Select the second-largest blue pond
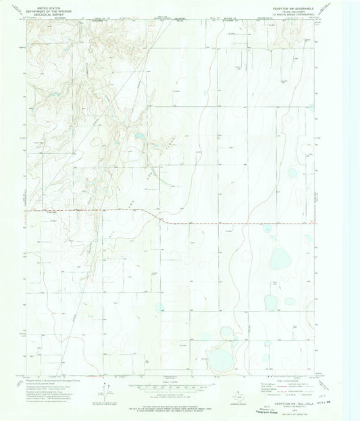pyautogui.click(x=278, y=257)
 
